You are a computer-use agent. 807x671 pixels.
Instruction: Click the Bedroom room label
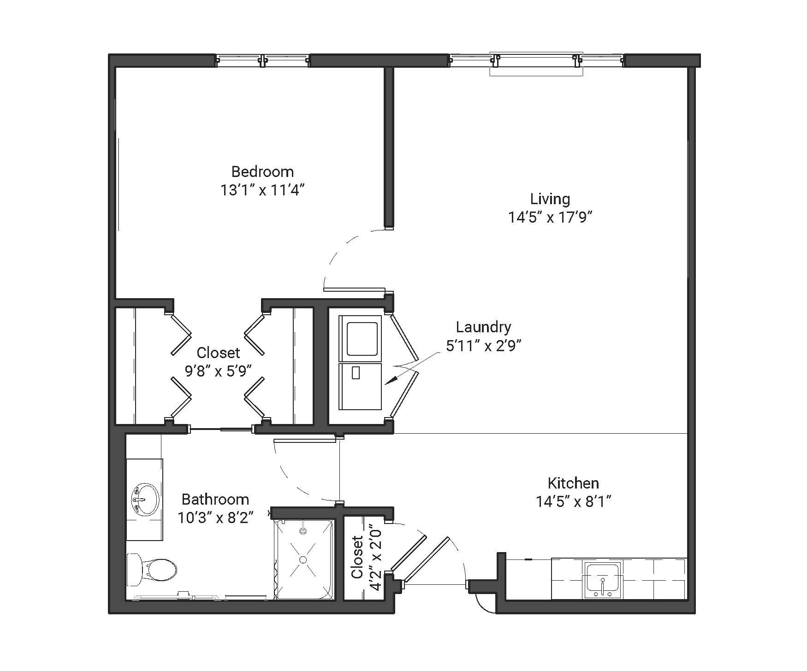[262, 171]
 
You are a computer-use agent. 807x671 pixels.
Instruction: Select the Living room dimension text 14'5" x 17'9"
[550, 217]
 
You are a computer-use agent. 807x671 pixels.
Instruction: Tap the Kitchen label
[573, 483]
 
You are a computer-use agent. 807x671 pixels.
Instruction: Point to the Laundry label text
[483, 327]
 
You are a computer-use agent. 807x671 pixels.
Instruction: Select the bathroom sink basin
[145, 499]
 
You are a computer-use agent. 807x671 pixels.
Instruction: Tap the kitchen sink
[602, 579]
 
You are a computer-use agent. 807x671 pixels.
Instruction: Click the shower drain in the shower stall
[303, 559]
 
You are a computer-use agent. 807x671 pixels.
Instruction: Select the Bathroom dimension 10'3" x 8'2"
[216, 518]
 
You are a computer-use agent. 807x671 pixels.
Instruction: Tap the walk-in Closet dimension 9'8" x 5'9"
[218, 371]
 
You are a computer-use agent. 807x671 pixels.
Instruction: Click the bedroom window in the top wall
[262, 60]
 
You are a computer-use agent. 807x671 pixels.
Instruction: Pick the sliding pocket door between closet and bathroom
[222, 430]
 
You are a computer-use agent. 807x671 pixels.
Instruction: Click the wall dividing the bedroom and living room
[389, 147]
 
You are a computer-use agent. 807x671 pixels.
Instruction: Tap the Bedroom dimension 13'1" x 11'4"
[262, 190]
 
